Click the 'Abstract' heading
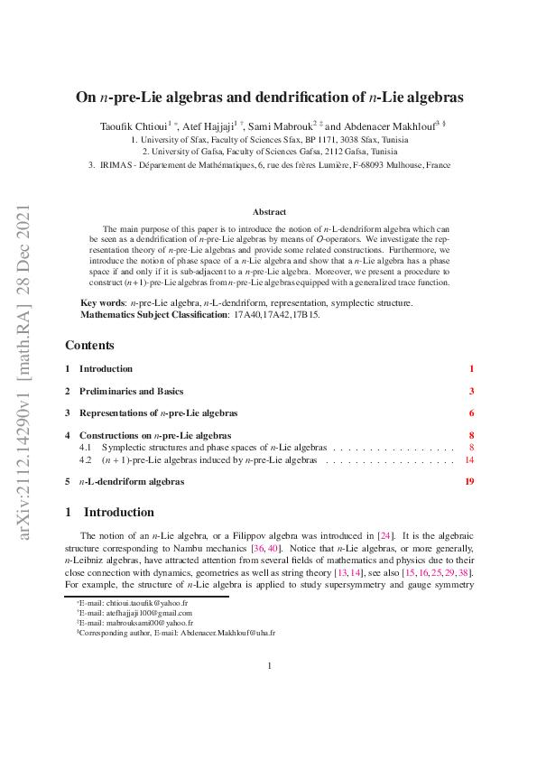(269, 212)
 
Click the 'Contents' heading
(89, 346)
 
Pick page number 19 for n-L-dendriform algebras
(468, 482)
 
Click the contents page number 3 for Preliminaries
(471, 391)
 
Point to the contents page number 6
(471, 413)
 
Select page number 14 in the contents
(468, 459)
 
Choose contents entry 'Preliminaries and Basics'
(131, 391)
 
